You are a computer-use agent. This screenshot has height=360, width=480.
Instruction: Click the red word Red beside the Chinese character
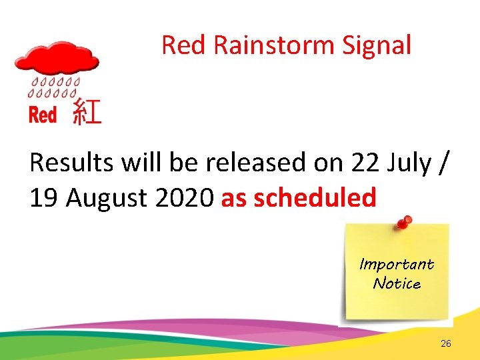tap(43, 115)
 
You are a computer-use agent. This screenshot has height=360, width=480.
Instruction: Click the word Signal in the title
tap(377, 45)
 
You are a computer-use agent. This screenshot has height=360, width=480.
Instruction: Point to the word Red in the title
tap(186, 45)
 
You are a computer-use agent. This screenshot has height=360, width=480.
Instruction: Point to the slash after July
tap(445, 163)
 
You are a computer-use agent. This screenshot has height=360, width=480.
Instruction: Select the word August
tap(103, 199)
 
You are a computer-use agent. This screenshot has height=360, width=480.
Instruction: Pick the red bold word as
tap(233, 199)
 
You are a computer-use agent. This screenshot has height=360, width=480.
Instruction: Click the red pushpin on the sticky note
tap(402, 223)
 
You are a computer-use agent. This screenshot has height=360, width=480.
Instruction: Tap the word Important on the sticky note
tap(397, 264)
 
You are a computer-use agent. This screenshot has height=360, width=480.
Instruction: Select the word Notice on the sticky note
tap(397, 283)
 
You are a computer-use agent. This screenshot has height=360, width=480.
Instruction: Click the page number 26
tap(446, 343)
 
